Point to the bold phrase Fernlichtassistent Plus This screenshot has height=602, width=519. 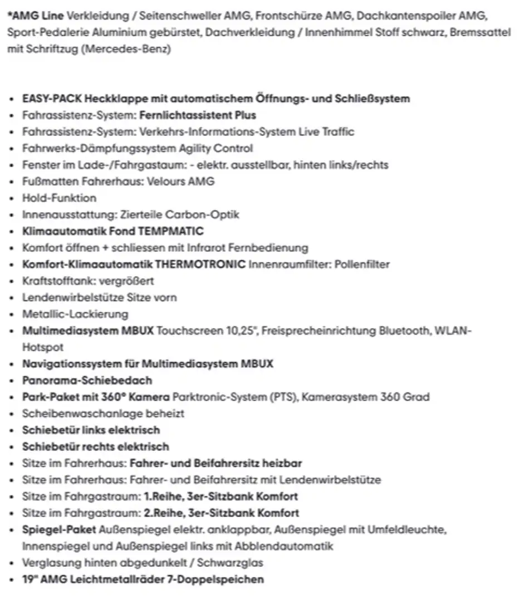tap(198, 115)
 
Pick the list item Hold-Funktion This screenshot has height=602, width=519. tap(59, 198)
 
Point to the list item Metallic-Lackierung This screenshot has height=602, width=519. tap(75, 314)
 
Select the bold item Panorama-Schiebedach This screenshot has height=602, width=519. tap(87, 380)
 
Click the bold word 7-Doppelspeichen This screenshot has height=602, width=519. tap(216, 579)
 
